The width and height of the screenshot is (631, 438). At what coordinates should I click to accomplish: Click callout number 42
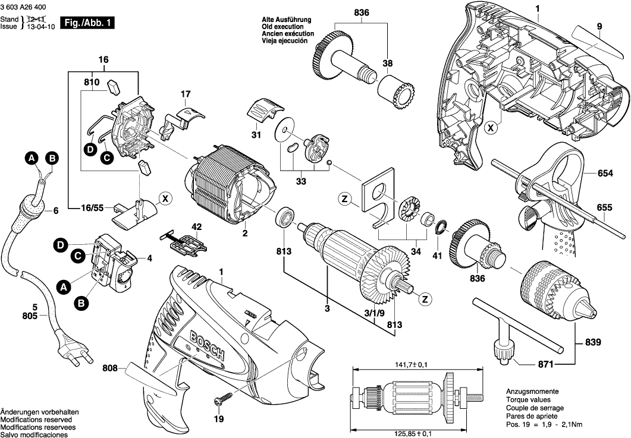(x=196, y=226)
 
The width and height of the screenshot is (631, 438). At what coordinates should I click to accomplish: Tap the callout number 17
(x=186, y=94)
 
